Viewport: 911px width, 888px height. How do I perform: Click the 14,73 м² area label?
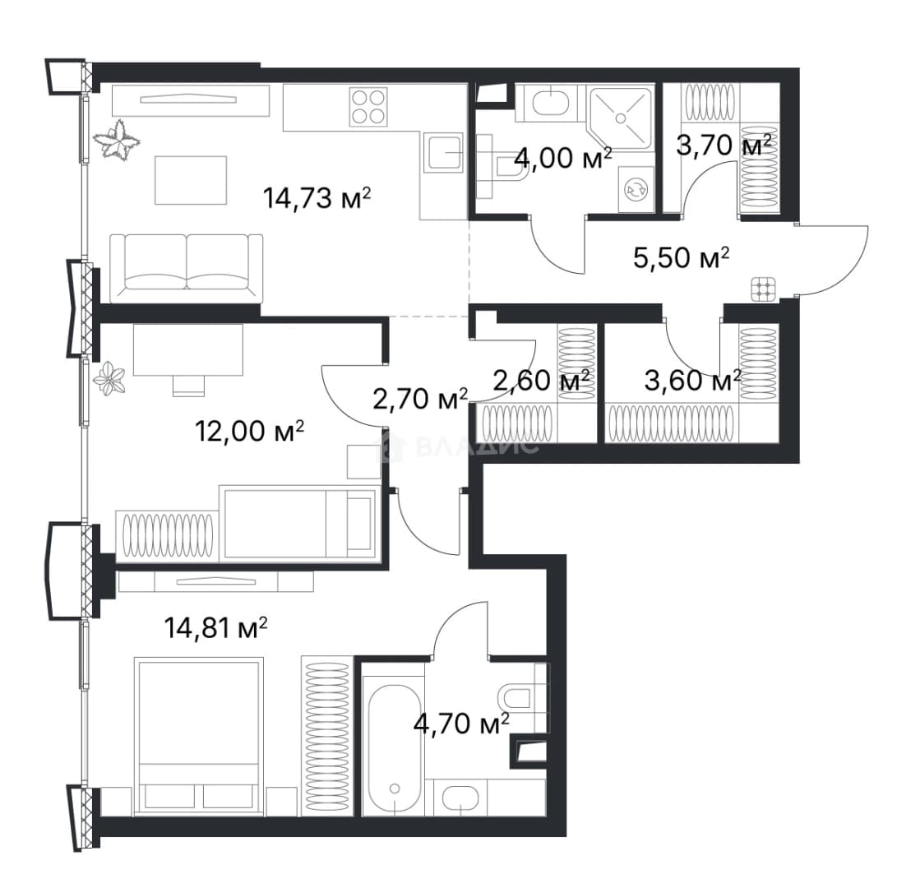tap(317, 198)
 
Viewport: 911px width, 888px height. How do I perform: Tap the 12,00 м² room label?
tap(249, 431)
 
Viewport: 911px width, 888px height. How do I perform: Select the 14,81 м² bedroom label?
tap(216, 627)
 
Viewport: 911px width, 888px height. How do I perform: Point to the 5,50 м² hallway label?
tap(681, 257)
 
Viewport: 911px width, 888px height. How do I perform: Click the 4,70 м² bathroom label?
tap(461, 724)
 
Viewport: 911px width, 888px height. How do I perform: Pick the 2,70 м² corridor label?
tap(419, 399)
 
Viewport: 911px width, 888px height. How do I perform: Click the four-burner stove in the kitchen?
tap(368, 107)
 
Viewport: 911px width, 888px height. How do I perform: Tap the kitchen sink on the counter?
tap(444, 152)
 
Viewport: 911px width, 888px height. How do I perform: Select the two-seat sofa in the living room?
tap(186, 268)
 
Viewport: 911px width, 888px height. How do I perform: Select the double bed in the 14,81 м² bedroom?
tap(198, 736)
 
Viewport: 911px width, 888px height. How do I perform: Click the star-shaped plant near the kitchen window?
tap(118, 140)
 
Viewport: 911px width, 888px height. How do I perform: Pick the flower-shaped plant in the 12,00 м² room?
tap(110, 380)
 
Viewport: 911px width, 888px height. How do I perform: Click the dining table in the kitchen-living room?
tap(191, 179)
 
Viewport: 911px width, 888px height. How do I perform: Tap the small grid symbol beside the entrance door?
tap(764, 289)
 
